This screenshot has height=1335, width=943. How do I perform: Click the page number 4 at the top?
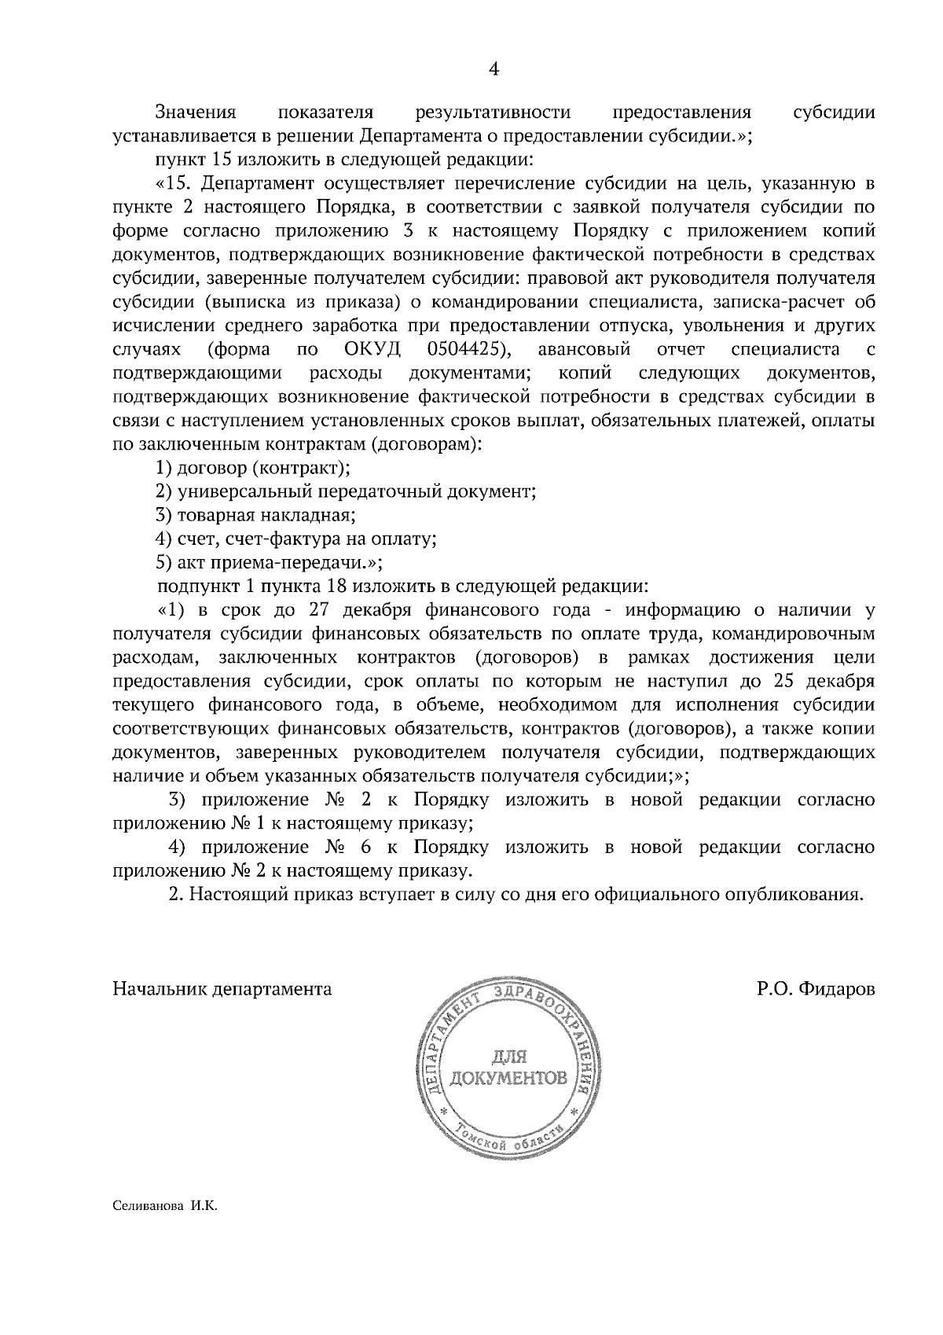pos(494,69)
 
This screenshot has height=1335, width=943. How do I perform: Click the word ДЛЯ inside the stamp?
pos(507,1055)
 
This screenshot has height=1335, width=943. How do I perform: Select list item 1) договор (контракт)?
pos(253,468)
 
